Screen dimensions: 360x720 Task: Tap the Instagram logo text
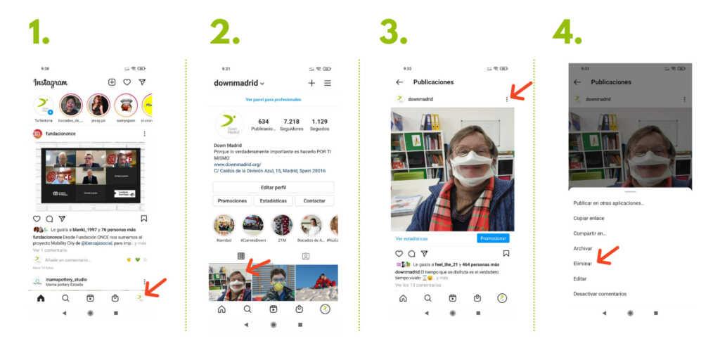(x=51, y=82)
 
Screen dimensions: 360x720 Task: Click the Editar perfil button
(x=273, y=188)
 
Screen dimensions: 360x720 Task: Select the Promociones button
(x=232, y=200)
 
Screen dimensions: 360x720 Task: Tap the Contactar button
(x=314, y=200)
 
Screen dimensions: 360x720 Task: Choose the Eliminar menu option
(x=583, y=263)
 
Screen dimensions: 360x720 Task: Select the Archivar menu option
(x=583, y=248)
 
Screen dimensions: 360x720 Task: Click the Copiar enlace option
(x=589, y=218)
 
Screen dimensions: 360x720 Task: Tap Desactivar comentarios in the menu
(x=600, y=294)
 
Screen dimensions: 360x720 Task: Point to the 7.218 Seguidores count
(x=291, y=124)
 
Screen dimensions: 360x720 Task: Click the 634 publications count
(x=264, y=124)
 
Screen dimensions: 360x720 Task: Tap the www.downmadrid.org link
(x=238, y=165)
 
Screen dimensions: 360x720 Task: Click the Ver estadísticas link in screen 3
(x=411, y=238)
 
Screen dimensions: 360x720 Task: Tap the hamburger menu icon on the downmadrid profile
(x=328, y=83)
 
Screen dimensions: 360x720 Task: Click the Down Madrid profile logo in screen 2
(x=228, y=124)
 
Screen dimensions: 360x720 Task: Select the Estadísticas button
(x=273, y=200)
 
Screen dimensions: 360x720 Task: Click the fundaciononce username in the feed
(x=60, y=133)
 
